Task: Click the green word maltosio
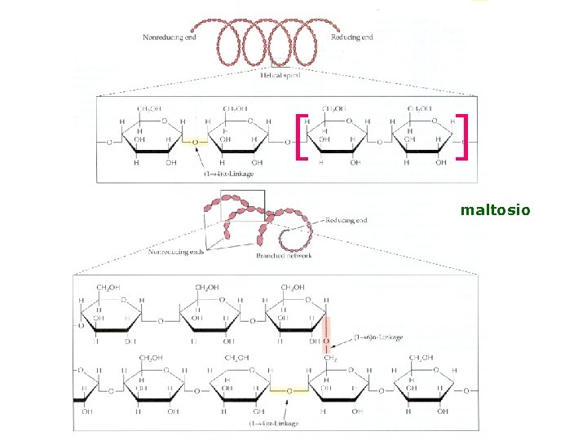coord(495,210)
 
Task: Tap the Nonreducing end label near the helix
coord(169,37)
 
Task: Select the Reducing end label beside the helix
coord(352,37)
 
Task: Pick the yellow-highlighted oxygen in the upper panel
coord(193,142)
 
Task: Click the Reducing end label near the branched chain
coord(346,220)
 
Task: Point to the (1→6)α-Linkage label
coord(378,337)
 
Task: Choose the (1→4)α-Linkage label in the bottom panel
coord(275,423)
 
